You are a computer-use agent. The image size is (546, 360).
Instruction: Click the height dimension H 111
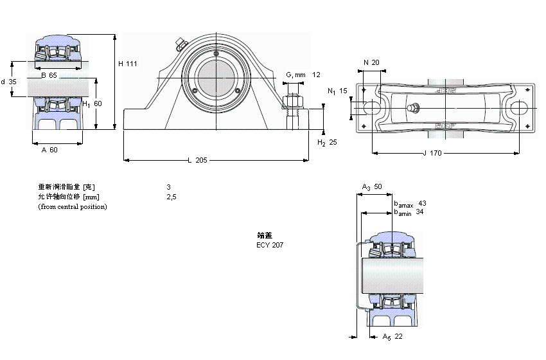[x=128, y=63]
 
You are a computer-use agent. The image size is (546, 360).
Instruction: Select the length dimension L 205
[x=197, y=160]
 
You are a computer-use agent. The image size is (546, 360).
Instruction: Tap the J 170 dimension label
[x=433, y=153]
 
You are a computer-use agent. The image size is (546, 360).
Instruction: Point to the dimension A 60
[x=49, y=150]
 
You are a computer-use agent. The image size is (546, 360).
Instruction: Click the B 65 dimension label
[x=48, y=76]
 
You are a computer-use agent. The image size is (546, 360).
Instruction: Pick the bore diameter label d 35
[x=8, y=82]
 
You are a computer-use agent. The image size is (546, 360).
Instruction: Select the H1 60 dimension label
[x=92, y=104]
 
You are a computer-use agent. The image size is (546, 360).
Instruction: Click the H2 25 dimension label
[x=327, y=142]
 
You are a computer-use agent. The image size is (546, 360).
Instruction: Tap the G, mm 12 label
[x=303, y=75]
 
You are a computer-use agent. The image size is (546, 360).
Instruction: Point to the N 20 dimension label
[x=371, y=62]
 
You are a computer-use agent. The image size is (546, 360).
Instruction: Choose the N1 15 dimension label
[x=337, y=91]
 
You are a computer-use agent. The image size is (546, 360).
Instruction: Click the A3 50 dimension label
[x=371, y=187]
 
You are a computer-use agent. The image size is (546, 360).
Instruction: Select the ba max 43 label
[x=410, y=203]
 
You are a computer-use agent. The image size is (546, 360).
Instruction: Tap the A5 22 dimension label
[x=392, y=337]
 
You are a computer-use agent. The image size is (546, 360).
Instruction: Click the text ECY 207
[x=269, y=245]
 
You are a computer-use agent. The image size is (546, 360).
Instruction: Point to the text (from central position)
[x=73, y=206]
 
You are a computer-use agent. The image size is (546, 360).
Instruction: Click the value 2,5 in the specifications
[x=171, y=197]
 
